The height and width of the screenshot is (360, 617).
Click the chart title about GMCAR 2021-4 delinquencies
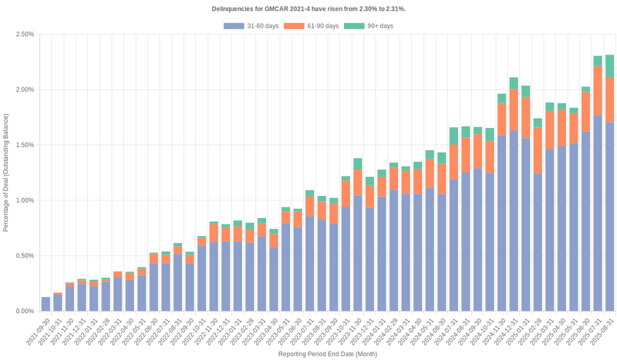308,8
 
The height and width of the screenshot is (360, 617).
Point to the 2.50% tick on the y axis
24,34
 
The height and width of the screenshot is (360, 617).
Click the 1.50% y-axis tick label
24,145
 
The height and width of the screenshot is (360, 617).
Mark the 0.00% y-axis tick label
24,311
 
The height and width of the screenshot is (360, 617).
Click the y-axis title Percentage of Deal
6,173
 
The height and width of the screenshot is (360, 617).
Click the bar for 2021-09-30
46,304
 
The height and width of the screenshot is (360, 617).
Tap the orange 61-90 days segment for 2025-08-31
609,99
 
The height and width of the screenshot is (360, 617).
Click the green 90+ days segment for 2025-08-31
609,66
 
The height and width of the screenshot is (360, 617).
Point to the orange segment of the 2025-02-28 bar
538,150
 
